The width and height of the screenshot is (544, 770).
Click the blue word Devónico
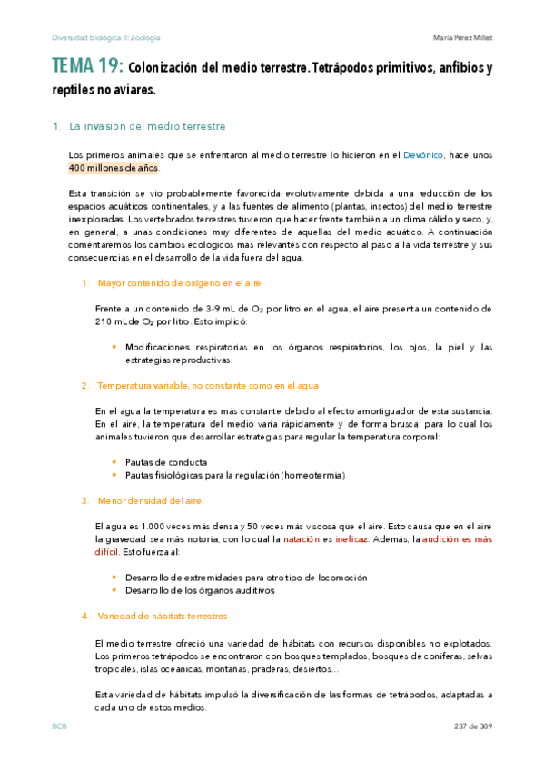click(423, 155)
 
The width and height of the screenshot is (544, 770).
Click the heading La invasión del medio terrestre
click(147, 126)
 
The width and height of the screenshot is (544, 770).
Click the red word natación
click(301, 539)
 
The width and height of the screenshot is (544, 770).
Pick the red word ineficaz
click(350, 539)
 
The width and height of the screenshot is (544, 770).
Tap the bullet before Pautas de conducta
click(114, 462)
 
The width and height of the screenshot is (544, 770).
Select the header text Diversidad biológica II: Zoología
click(106, 37)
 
